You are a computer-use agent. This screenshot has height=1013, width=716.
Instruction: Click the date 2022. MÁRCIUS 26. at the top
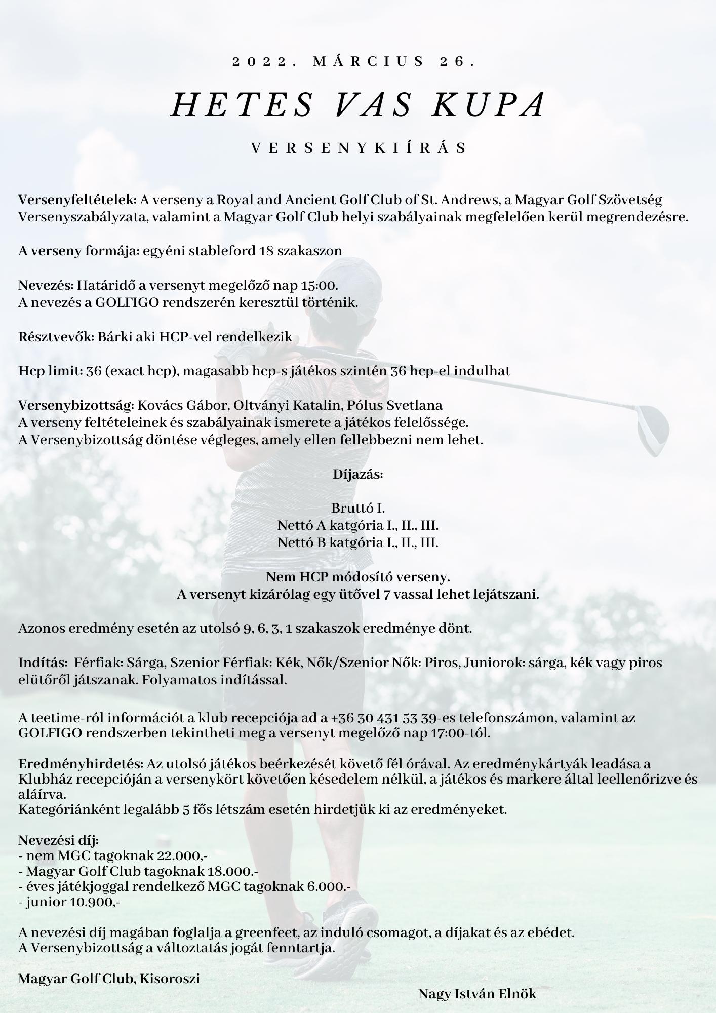click(354, 62)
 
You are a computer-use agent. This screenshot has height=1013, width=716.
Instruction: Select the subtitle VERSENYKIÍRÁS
click(359, 148)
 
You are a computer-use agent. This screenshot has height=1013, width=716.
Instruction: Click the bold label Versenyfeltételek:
click(77, 200)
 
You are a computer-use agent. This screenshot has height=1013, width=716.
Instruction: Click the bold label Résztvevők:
click(56, 337)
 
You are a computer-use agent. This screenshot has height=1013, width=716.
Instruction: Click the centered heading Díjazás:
click(358, 474)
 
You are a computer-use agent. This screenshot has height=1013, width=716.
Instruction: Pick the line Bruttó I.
click(358, 508)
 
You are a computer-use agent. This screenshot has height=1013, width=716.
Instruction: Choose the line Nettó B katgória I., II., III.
click(358, 542)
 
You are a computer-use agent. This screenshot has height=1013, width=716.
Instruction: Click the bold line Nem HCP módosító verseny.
click(358, 577)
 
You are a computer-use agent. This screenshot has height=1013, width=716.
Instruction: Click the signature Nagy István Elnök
click(477, 994)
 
